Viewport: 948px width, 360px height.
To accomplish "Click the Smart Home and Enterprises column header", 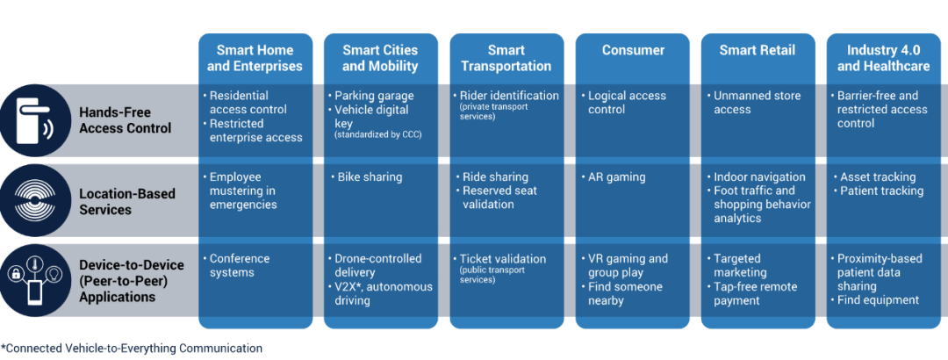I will click(x=255, y=58).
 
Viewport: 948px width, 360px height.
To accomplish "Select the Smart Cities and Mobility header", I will click(x=380, y=58).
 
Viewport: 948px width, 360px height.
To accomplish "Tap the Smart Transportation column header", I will click(x=506, y=58).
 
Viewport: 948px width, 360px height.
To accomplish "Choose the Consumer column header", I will click(x=632, y=51).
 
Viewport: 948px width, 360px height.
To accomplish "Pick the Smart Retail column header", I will click(x=758, y=51).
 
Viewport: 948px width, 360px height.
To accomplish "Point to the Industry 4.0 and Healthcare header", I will click(x=883, y=58).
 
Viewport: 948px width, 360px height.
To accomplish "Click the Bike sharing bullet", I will click(x=370, y=177).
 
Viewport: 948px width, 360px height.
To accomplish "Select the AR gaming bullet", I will click(x=616, y=177).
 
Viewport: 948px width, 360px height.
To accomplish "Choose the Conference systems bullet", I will click(x=240, y=265).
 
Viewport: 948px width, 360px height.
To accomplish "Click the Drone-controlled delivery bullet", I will click(x=378, y=265).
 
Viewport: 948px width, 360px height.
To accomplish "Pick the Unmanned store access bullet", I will click(x=757, y=103).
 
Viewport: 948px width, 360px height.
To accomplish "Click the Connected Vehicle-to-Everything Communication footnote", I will click(x=132, y=349).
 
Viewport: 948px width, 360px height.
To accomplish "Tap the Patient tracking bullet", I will click(x=881, y=191).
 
